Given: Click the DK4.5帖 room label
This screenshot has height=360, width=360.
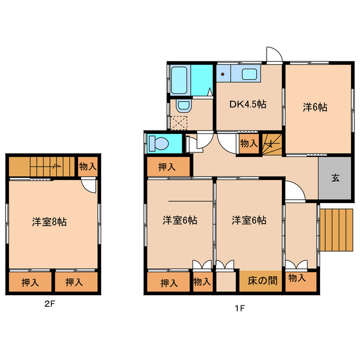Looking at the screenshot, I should click(247, 104).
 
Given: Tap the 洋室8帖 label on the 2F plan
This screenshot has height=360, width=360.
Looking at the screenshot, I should click(49, 222).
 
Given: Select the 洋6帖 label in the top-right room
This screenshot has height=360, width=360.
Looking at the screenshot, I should click(315, 107).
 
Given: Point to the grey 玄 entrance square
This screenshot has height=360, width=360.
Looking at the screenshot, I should click(335, 178).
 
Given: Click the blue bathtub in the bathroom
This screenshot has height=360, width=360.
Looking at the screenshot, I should click(179, 80).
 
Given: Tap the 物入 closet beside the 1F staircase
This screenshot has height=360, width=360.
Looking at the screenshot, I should click(249, 143).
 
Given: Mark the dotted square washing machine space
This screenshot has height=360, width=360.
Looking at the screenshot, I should click(179, 123).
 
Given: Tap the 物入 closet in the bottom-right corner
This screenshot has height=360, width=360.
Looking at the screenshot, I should click(297, 278).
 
